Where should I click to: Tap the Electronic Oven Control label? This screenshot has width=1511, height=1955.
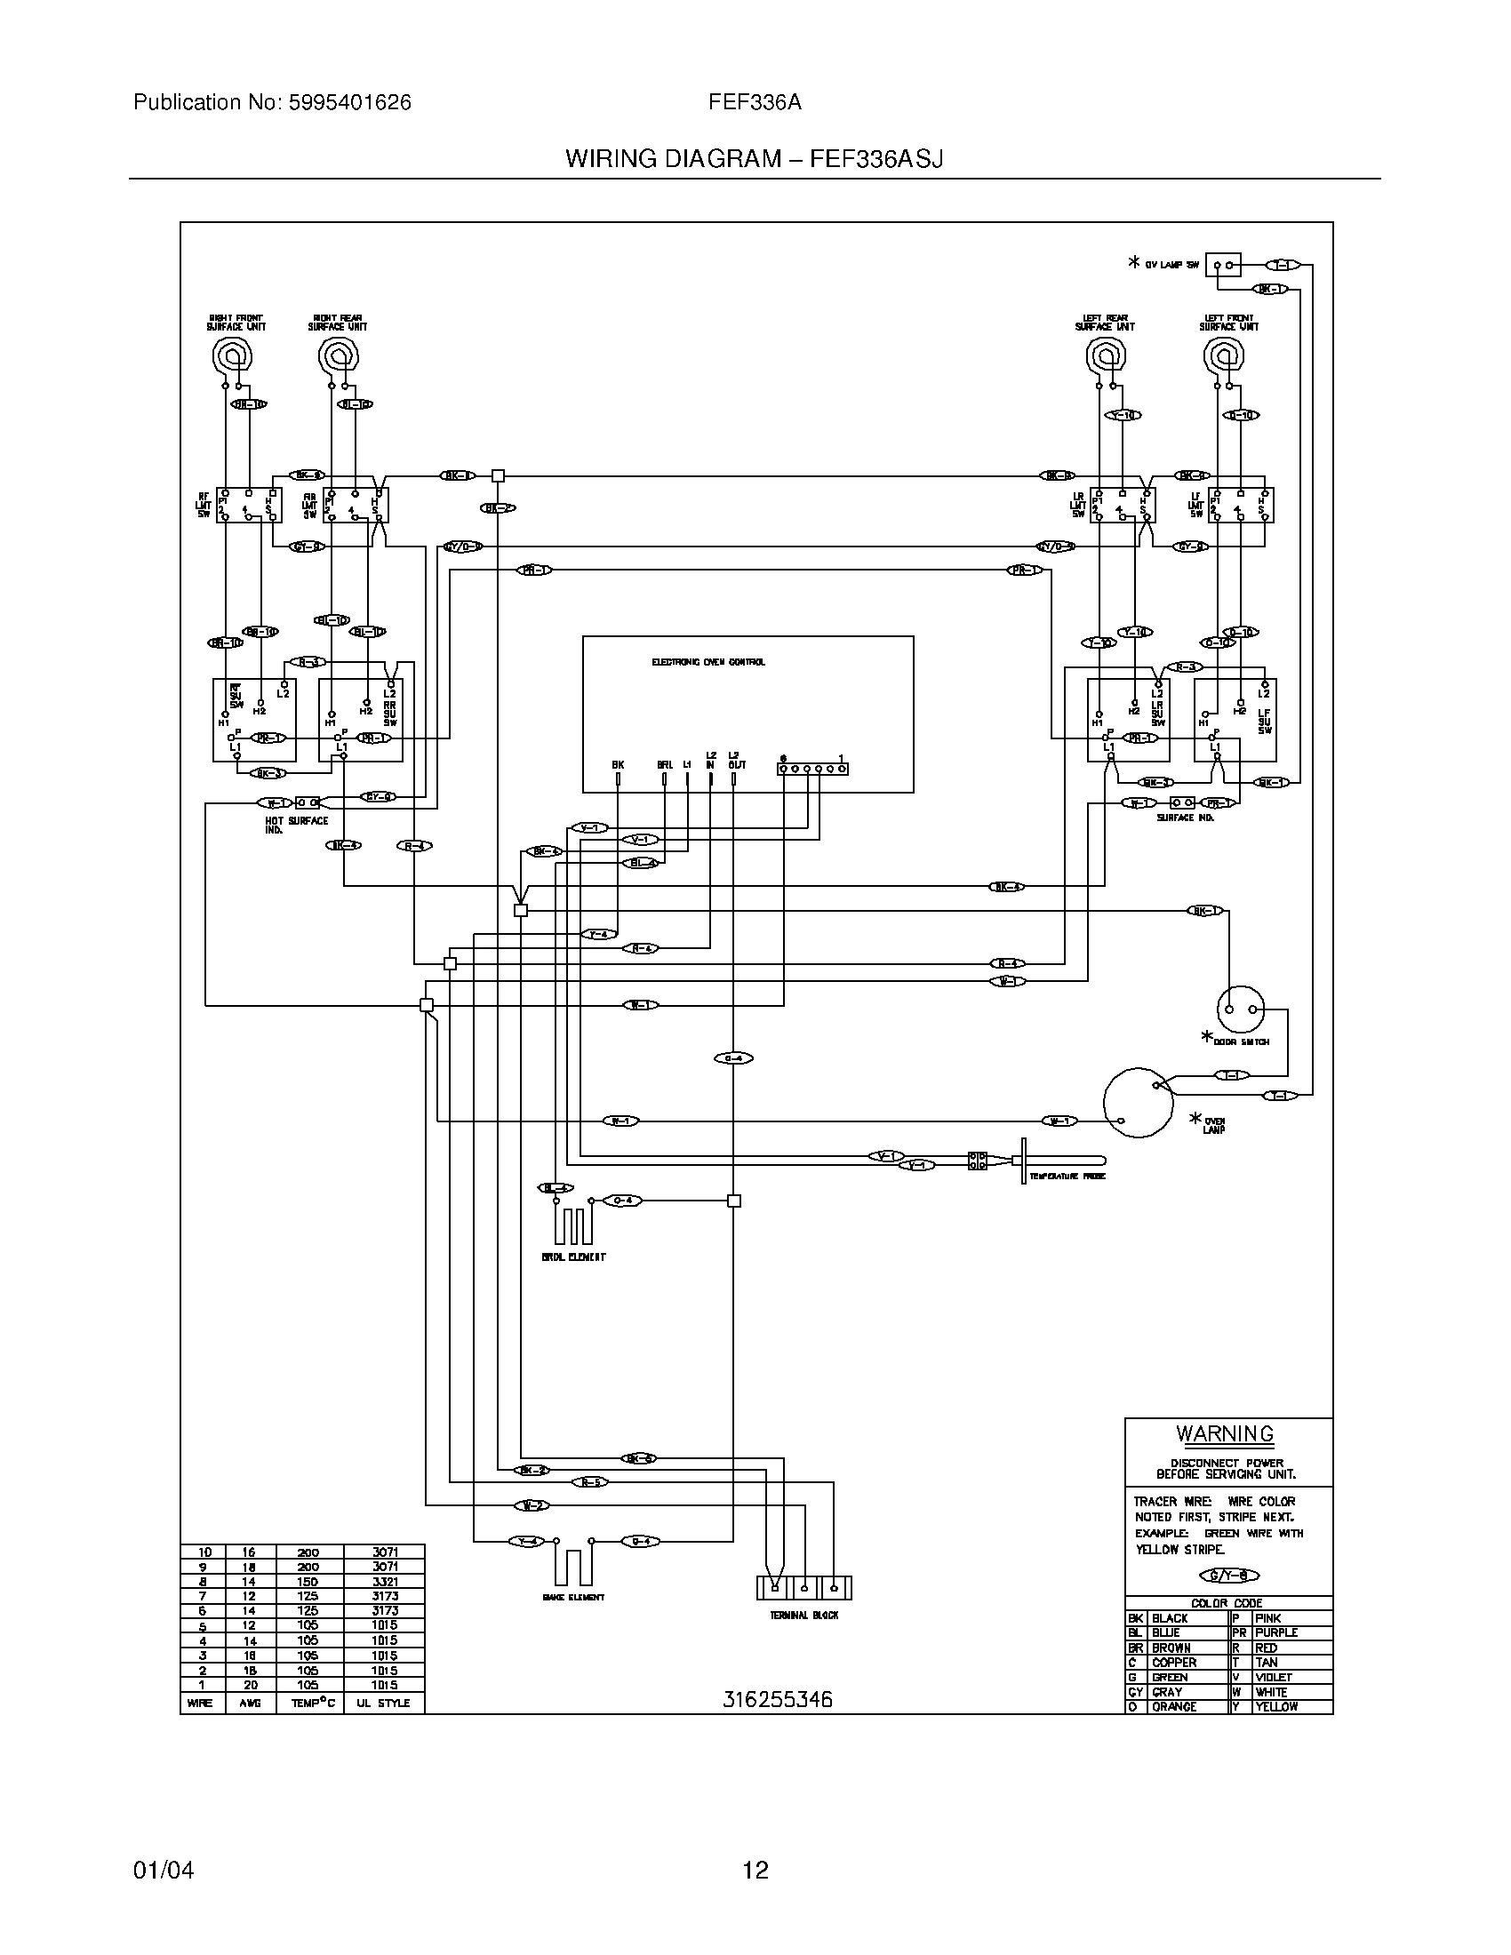(708, 662)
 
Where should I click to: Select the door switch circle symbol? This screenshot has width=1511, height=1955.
(1241, 1009)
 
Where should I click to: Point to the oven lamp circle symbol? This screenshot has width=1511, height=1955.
(1138, 1102)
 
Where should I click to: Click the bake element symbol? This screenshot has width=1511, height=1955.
(573, 1566)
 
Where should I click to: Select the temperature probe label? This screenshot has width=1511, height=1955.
(1067, 1177)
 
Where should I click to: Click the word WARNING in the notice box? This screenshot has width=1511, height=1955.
(1225, 1433)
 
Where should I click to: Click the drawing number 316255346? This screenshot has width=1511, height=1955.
(777, 1699)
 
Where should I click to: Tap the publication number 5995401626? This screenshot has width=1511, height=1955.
(349, 103)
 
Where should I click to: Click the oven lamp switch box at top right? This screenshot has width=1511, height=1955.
(1223, 265)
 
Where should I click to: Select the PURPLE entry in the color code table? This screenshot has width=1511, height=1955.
(1275, 1632)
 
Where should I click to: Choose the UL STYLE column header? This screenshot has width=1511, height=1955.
(383, 1703)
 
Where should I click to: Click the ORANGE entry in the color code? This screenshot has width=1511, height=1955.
(1173, 1706)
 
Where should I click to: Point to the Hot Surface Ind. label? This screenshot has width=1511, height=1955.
(296, 825)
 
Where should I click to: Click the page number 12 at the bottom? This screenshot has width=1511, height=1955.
(755, 1870)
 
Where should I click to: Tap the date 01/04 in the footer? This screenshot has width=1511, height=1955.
(163, 1870)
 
